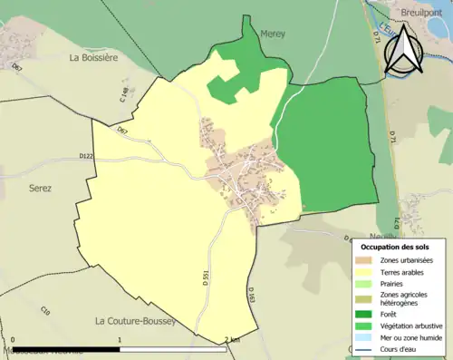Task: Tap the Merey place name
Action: [273, 34]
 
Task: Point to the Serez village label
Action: [41, 188]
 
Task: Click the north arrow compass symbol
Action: [406, 50]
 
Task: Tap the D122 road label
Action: [87, 156]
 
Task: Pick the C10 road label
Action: [44, 311]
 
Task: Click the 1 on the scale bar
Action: [120, 340]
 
